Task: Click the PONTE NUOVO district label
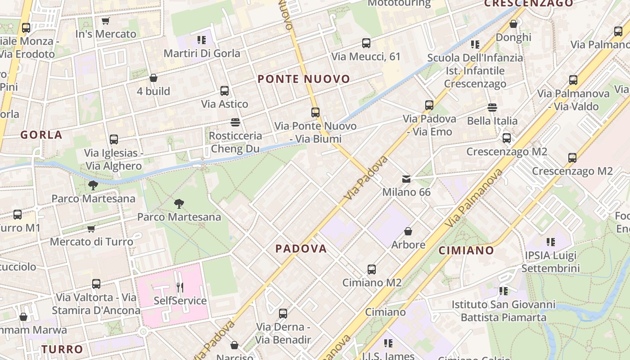pos(304,79)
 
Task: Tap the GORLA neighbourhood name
pos(41,135)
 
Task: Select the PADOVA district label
pos(301,248)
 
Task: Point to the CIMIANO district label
pos(466,250)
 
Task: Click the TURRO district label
pos(63,349)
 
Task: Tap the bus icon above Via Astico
pos(225,91)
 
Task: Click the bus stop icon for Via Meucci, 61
pos(366,43)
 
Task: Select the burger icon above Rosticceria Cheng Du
pos(235,122)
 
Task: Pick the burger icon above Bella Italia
pos(492,108)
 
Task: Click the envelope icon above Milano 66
pos(406,179)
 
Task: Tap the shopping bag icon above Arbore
pos(408,231)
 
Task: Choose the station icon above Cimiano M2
pos(372,270)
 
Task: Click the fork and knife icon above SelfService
pos(180,287)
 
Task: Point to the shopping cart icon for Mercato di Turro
pos(91,229)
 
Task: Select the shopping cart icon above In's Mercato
pos(106,21)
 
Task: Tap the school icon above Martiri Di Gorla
pos(202,40)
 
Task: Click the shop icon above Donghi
pos(513,24)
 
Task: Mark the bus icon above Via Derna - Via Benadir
pos(283,314)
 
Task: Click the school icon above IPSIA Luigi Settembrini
pos(551,242)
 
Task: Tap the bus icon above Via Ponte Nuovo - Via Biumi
pos(315,112)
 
